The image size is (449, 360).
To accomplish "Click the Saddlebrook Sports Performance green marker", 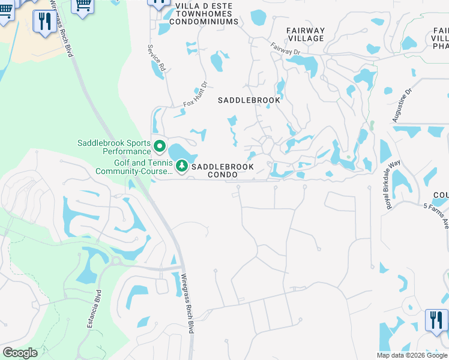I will click(160, 146).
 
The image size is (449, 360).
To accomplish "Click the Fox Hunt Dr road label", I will click(194, 95).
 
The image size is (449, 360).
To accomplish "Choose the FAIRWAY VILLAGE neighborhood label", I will click(306, 34).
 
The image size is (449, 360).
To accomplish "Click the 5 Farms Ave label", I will click(436, 215).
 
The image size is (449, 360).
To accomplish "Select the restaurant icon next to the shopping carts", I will click(44, 22).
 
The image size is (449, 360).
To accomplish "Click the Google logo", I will click(19, 353).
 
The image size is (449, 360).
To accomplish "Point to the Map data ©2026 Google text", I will click(412, 355).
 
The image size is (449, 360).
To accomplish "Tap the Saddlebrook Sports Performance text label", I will click(113, 147).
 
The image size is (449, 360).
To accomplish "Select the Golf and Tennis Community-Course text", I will click(133, 167).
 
